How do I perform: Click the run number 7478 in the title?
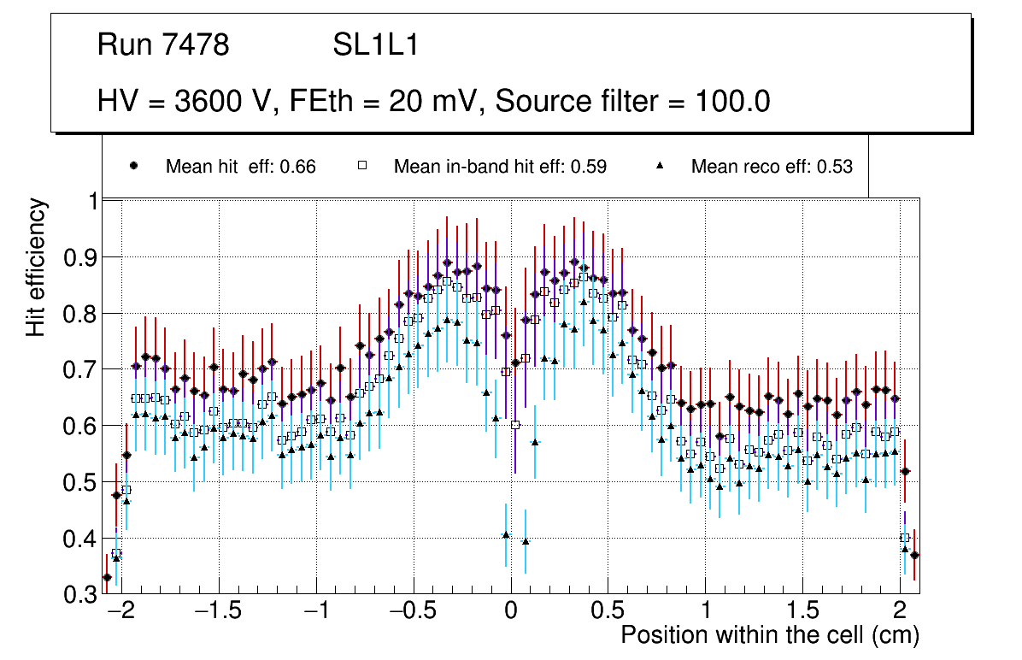tap(196, 45)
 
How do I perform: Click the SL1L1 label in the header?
tap(376, 45)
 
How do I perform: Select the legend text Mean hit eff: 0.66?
tap(241, 167)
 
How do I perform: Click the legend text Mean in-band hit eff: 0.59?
tap(500, 167)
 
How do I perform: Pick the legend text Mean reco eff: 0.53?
tap(772, 167)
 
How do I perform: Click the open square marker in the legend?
tap(361, 167)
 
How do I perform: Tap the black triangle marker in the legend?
tap(660, 167)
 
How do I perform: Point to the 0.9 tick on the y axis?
tap(82, 257)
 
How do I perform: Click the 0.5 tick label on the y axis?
tap(82, 482)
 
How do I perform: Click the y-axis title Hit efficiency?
tap(37, 267)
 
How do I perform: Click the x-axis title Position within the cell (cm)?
tap(769, 636)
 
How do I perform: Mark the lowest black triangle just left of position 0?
tap(506, 534)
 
